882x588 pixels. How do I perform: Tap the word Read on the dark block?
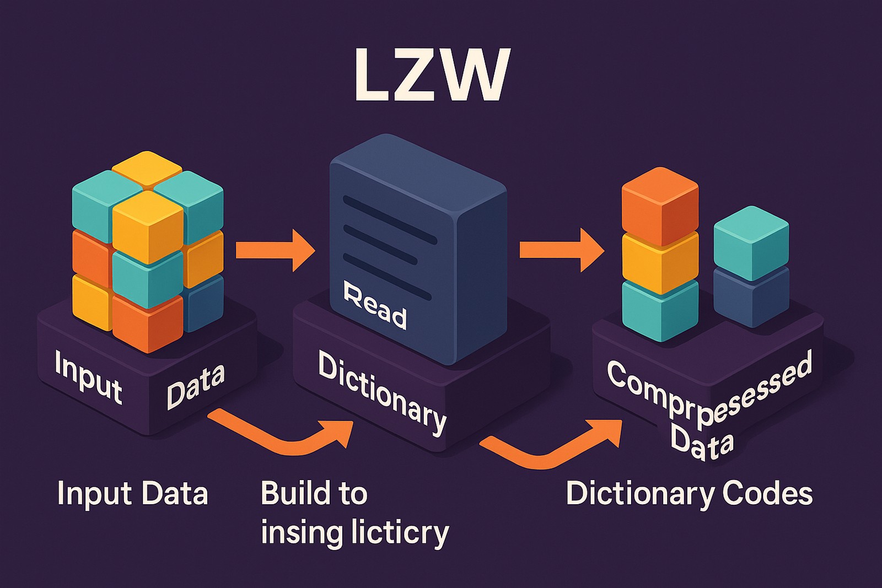click(375, 305)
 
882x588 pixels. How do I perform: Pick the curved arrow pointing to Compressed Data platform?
click(551, 446)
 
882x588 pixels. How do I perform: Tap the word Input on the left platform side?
click(88, 377)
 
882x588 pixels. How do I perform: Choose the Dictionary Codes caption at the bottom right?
click(689, 493)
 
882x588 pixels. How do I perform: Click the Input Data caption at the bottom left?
click(132, 493)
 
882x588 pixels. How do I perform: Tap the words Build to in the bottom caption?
click(313, 493)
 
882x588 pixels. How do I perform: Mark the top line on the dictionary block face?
click(389, 219)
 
